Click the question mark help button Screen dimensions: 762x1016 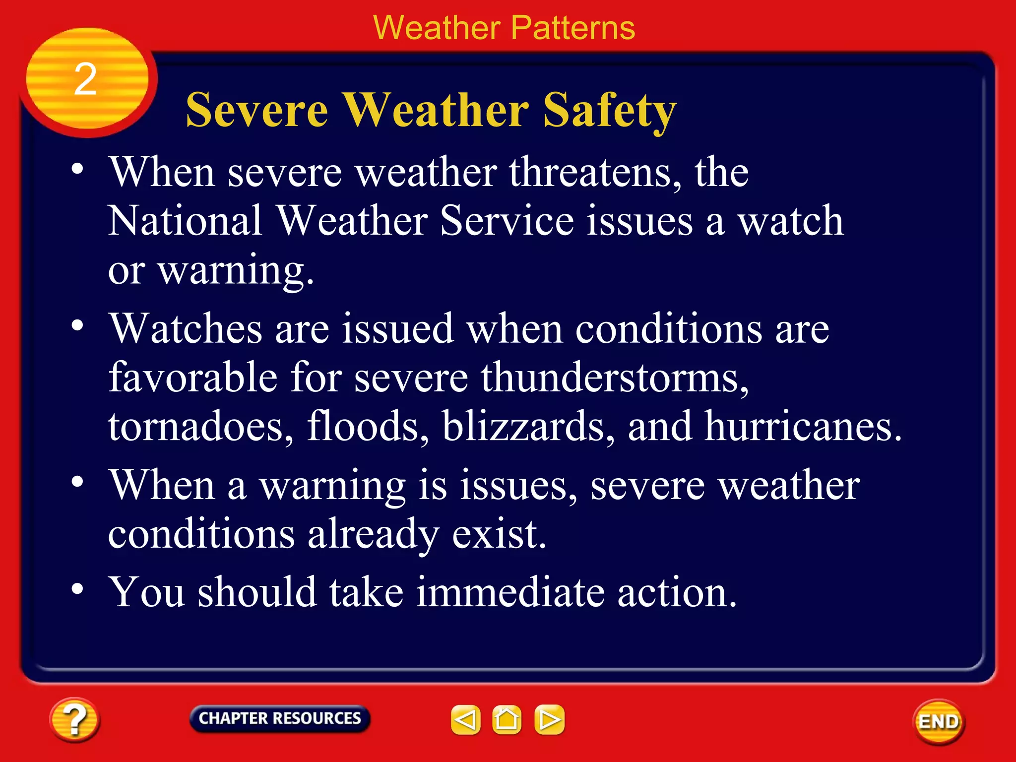[x=74, y=719]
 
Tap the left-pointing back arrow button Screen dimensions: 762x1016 [x=465, y=719]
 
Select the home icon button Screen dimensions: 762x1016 [x=507, y=719]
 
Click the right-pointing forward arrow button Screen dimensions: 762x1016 [x=549, y=719]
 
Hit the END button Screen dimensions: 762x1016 [x=939, y=722]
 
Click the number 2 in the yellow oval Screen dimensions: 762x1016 [x=85, y=79]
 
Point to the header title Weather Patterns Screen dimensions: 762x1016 [x=504, y=28]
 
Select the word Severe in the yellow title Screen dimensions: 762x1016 [x=257, y=110]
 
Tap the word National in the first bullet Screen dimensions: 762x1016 [x=185, y=221]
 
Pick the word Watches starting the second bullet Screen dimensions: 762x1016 [x=186, y=328]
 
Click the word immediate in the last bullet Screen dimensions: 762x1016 [x=510, y=592]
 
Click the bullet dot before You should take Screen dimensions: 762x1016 [x=77, y=589]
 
